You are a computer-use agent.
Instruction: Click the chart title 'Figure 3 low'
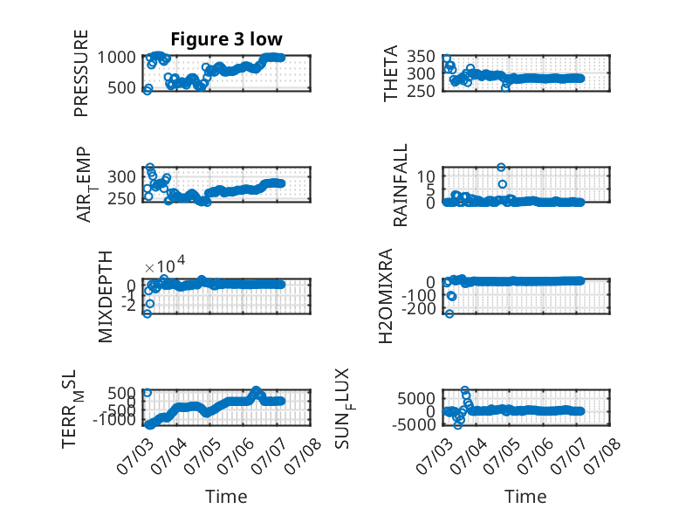[x=226, y=39]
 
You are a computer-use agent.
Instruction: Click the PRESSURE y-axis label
[x=81, y=73]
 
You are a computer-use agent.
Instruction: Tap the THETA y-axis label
[x=391, y=73]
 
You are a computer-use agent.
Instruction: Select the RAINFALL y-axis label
[x=400, y=185]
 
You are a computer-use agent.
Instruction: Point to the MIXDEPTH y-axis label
[x=106, y=297]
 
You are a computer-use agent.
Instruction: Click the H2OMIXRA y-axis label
[x=386, y=296]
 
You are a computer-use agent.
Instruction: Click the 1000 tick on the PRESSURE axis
[x=116, y=57]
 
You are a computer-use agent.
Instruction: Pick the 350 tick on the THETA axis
[x=421, y=57]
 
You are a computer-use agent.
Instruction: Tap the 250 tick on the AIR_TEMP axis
[x=121, y=198]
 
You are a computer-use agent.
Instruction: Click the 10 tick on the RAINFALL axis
[x=426, y=176]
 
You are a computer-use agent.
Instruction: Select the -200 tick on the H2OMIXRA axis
[x=419, y=309]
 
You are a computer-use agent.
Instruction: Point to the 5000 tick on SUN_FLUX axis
[x=416, y=398]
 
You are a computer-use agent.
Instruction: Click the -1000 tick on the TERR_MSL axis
[x=114, y=419]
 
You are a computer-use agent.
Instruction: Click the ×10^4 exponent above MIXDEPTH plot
[x=165, y=265]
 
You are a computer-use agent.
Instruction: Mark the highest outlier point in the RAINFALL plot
[x=501, y=168]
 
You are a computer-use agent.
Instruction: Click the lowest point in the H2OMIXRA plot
[x=449, y=313]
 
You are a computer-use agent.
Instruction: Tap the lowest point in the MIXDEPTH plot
[x=147, y=313]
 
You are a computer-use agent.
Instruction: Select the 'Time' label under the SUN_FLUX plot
[x=525, y=497]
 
